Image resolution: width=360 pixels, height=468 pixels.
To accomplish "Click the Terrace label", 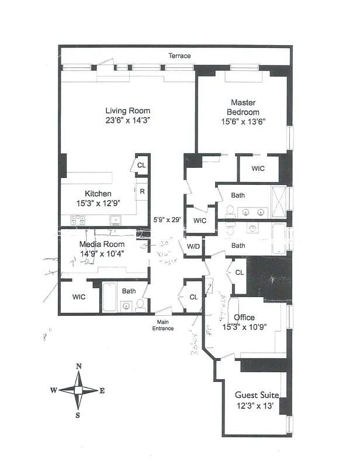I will (x=179, y=56).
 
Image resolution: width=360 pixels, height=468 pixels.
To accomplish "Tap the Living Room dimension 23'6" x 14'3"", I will (x=127, y=122).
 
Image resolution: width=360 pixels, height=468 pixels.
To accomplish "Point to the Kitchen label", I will (x=98, y=194).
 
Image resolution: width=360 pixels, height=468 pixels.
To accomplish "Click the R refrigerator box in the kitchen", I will (x=141, y=191).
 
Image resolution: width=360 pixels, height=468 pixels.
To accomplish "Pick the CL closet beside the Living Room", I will (x=141, y=166).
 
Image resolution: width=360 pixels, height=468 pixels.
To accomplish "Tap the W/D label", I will (x=193, y=246).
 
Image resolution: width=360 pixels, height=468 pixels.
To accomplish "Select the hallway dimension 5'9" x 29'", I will (x=167, y=220).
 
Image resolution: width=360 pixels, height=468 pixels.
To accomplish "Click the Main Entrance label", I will (x=164, y=325).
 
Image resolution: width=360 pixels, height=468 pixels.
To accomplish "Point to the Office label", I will (x=244, y=318).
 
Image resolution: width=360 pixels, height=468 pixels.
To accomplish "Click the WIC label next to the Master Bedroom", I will (x=258, y=168).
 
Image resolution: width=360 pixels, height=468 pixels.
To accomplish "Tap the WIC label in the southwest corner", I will (x=79, y=297).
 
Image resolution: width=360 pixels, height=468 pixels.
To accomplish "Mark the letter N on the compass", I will (x=79, y=367).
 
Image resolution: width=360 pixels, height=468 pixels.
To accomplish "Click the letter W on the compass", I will (x=54, y=390).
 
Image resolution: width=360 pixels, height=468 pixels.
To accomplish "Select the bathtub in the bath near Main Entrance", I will (x=110, y=297).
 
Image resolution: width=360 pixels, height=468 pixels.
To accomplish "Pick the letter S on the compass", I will (x=78, y=415).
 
